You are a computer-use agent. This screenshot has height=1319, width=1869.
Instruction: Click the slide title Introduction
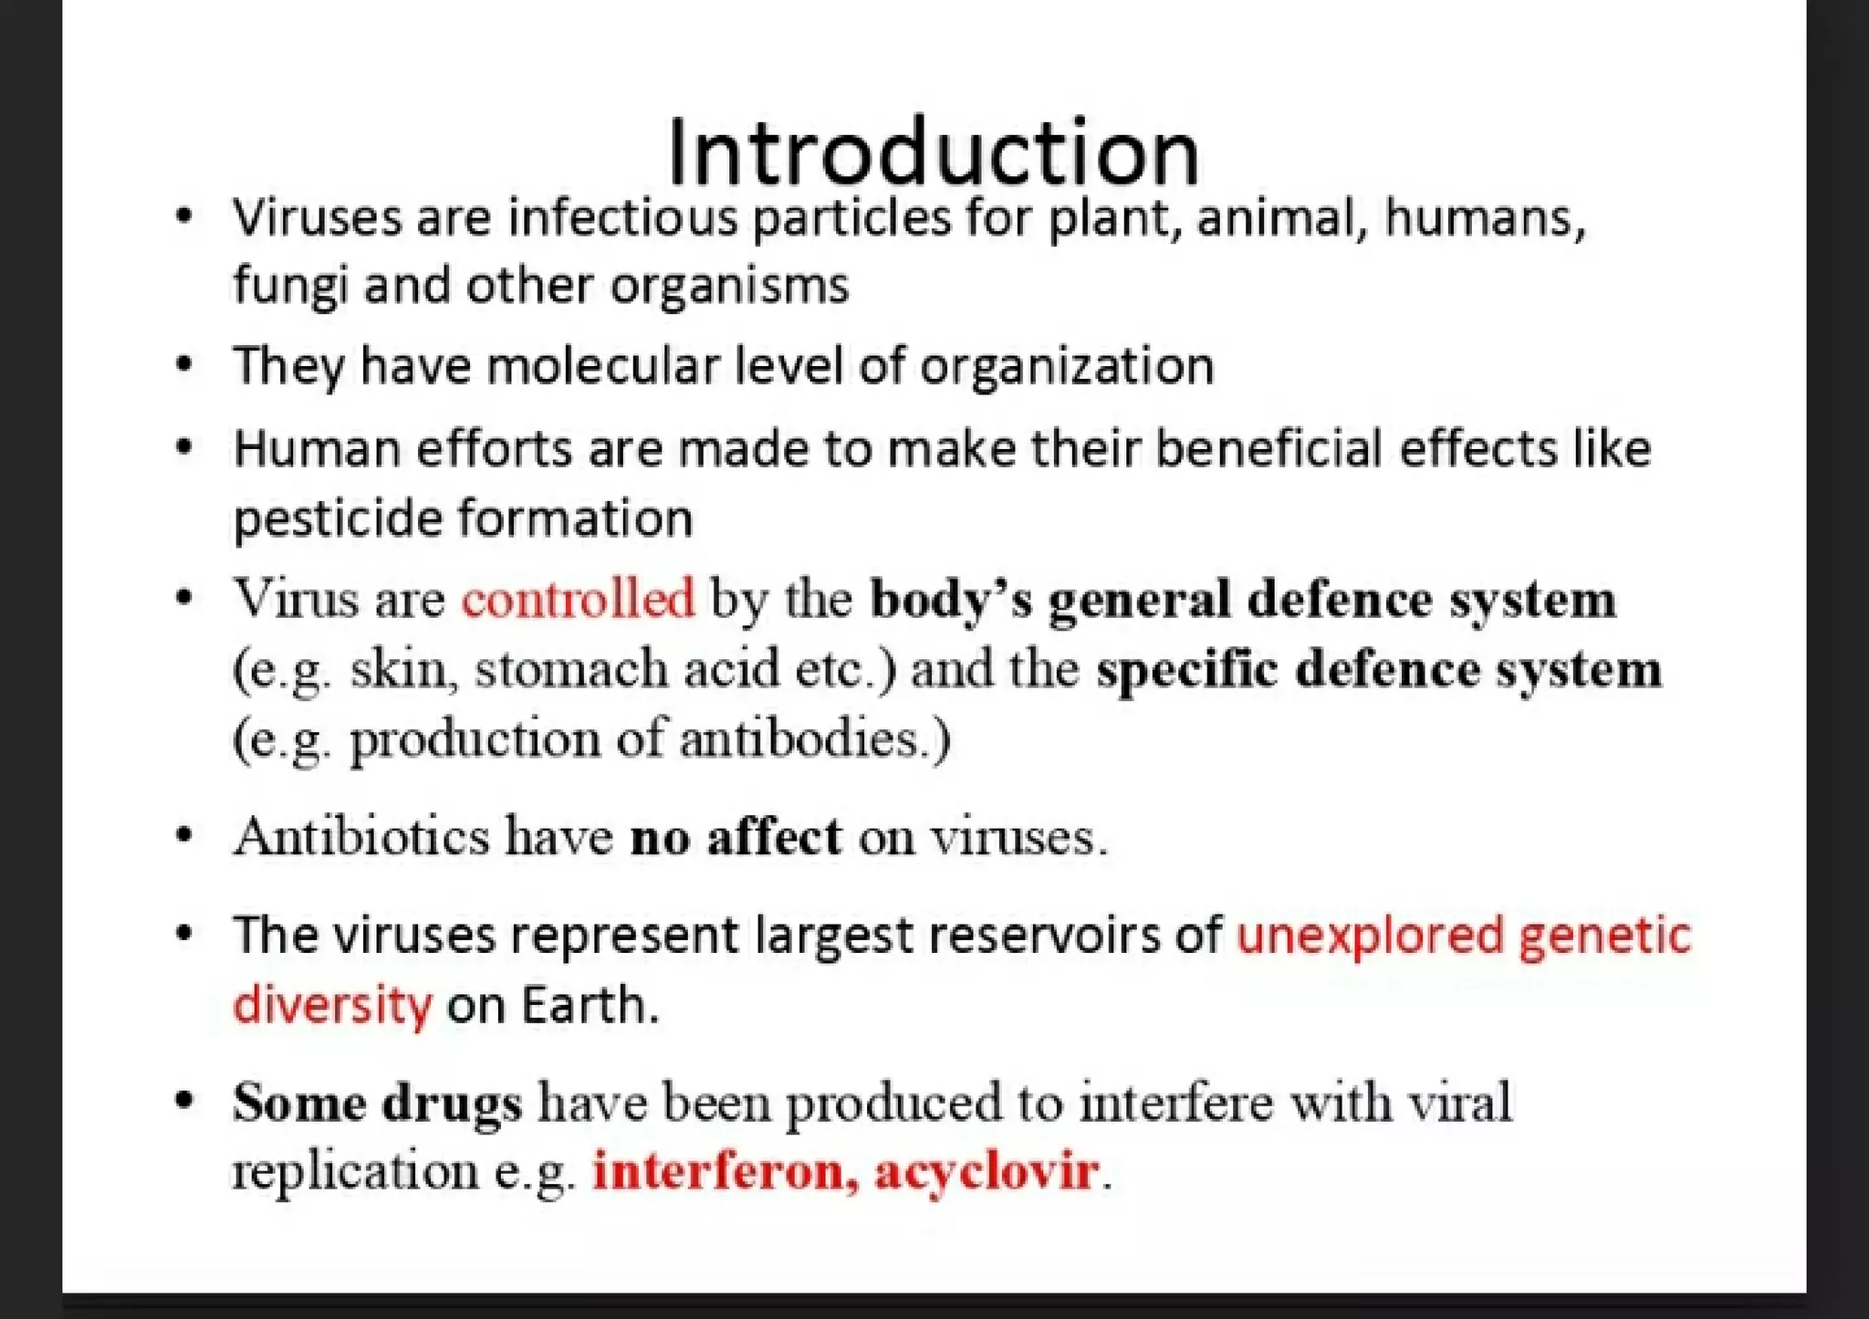[933, 152]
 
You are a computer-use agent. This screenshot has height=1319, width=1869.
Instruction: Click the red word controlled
[578, 600]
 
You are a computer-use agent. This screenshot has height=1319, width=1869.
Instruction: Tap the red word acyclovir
[986, 1171]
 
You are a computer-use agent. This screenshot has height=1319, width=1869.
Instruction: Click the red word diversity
[332, 1006]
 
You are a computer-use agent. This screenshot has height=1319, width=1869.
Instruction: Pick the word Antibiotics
[361, 836]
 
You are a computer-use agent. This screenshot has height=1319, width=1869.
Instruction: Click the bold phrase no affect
[736, 836]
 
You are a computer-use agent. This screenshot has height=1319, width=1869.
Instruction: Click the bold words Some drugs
[377, 1103]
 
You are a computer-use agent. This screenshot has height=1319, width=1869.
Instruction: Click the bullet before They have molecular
[185, 365]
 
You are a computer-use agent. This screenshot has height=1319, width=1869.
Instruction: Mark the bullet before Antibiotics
[185, 836]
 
